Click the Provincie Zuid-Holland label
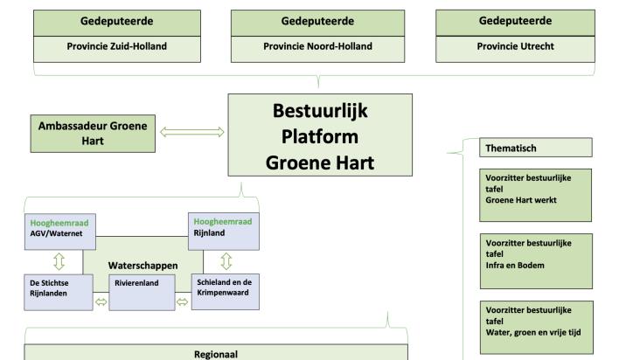click(x=117, y=47)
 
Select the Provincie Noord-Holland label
click(x=317, y=47)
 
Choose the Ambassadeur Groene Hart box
click(x=92, y=133)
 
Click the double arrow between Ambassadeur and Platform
click(x=192, y=132)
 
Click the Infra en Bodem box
click(x=535, y=260)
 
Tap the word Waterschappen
click(x=143, y=265)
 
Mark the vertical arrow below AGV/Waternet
click(x=59, y=261)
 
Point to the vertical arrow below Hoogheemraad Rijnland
click(x=226, y=261)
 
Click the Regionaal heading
click(x=216, y=354)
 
